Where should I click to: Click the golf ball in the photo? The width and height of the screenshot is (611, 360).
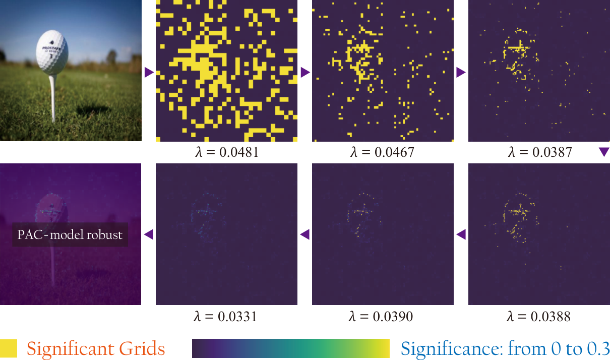[52, 52]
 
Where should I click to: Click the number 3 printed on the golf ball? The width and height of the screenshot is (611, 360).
[51, 56]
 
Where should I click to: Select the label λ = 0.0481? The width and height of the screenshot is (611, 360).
[227, 152]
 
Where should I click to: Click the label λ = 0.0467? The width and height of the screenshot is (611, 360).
[382, 152]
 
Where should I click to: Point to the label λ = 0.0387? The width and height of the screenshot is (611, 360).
[540, 152]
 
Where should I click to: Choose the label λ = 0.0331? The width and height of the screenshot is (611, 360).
[225, 317]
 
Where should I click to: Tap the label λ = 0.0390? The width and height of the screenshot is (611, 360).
[381, 317]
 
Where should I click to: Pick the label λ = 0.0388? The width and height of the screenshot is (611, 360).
[538, 317]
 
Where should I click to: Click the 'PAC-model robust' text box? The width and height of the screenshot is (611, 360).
[70, 234]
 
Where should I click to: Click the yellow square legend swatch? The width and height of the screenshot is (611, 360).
[9, 348]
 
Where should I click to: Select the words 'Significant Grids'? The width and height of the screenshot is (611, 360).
[96, 349]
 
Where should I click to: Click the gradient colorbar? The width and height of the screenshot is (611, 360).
[291, 348]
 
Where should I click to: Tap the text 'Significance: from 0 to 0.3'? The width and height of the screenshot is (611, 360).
[506, 348]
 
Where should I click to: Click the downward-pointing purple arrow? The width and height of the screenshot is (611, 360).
[604, 152]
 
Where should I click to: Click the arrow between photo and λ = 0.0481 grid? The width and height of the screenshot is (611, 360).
[149, 72]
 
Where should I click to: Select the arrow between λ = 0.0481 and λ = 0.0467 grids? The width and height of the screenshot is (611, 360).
[305, 72]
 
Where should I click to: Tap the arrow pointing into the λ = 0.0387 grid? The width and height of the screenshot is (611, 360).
[461, 72]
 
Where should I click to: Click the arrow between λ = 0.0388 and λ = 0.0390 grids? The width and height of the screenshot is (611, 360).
[461, 234]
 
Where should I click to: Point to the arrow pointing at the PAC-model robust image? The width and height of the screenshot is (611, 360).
[149, 234]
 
